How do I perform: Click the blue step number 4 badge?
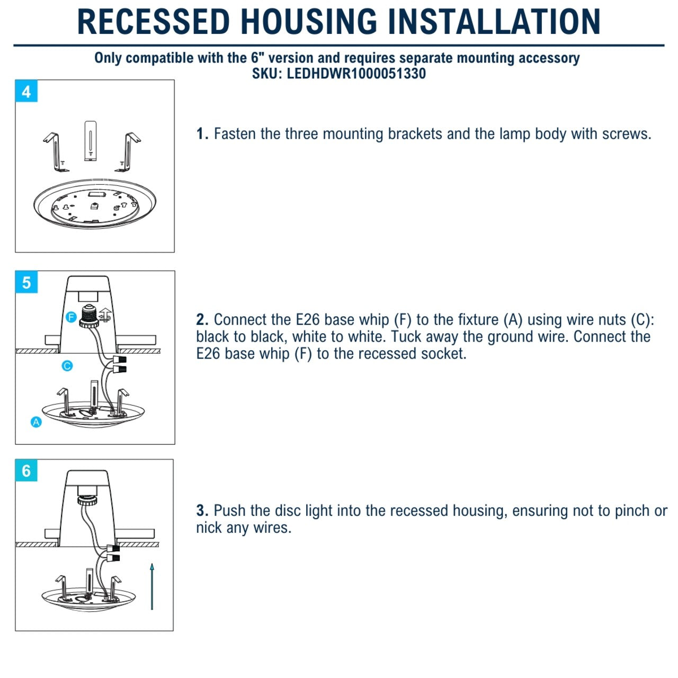point(26,92)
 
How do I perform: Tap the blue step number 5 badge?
point(26,282)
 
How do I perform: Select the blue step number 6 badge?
point(26,471)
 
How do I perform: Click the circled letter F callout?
point(71,317)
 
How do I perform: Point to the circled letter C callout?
point(67,366)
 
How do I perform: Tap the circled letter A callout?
point(36,422)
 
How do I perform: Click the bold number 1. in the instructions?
point(202,134)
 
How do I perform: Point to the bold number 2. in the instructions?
point(202,320)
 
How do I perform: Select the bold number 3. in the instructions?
point(202,511)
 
